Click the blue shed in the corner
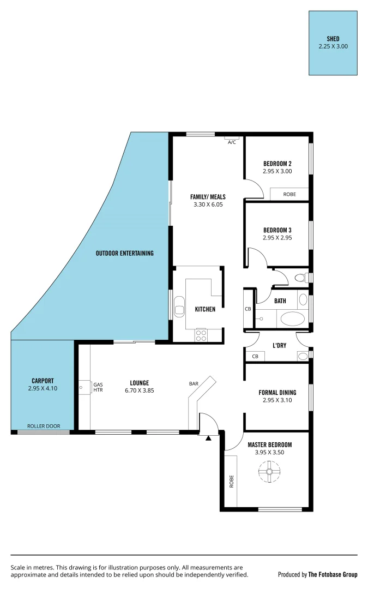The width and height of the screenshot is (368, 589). (333, 43)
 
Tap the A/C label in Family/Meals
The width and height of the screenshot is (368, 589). (232, 142)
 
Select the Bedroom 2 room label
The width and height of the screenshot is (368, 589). (277, 164)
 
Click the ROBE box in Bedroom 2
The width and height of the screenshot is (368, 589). (289, 194)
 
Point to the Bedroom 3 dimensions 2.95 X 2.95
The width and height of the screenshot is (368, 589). (277, 238)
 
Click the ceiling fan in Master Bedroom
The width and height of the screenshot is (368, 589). (268, 472)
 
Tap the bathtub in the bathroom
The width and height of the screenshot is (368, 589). (293, 318)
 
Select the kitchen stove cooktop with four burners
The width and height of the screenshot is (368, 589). (201, 335)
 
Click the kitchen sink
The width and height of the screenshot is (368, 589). (179, 306)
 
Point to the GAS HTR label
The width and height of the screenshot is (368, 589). (98, 387)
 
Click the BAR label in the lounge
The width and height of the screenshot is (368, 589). (194, 384)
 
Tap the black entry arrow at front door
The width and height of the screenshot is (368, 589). (208, 437)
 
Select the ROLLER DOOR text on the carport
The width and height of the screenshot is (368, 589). (44, 426)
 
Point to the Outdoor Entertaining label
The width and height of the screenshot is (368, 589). (124, 253)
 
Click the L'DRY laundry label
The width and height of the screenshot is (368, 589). (280, 345)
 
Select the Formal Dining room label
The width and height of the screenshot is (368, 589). (277, 392)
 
